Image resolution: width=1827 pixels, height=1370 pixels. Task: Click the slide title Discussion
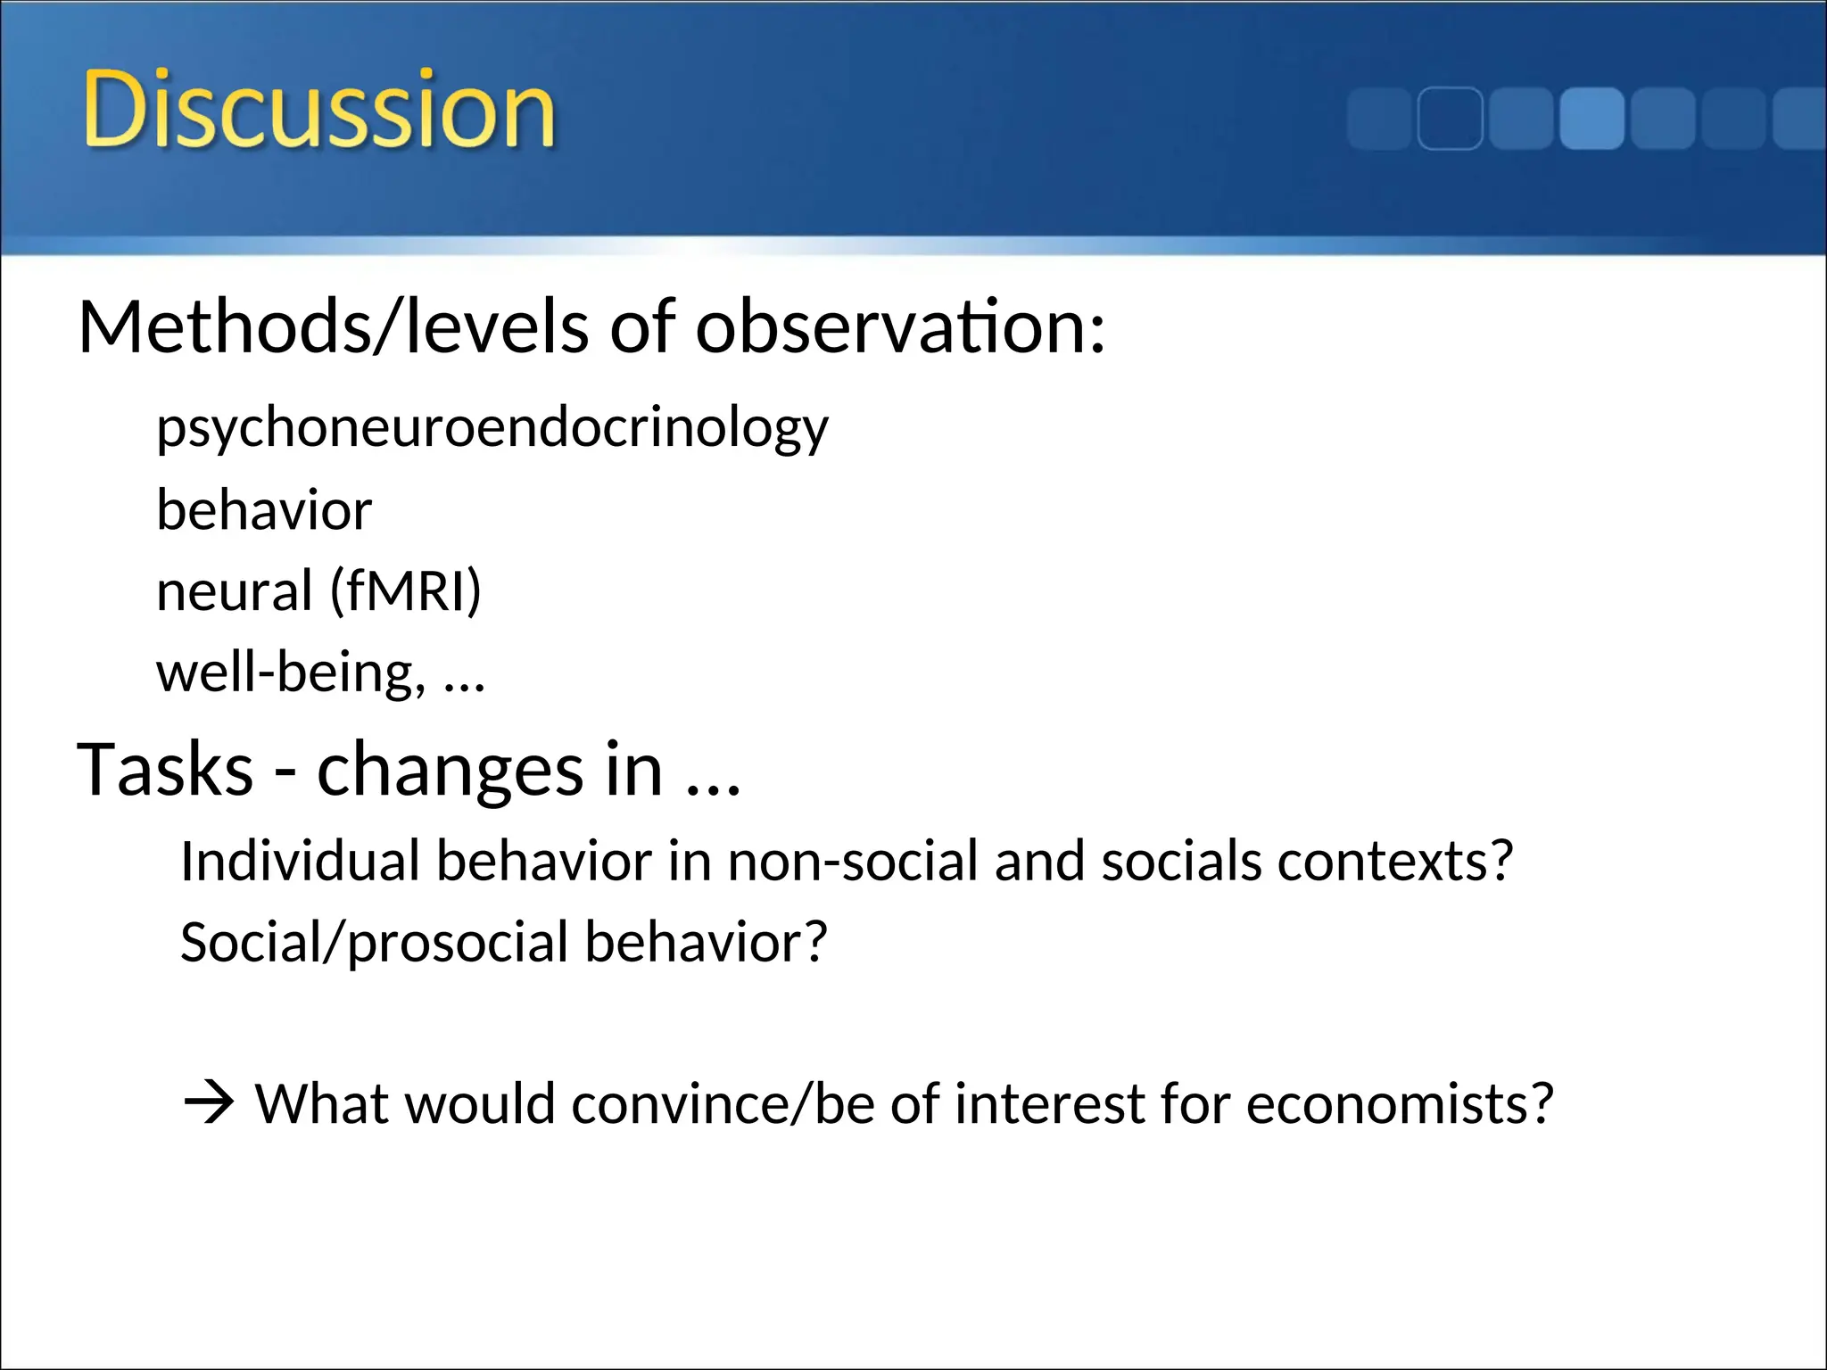pyautogui.click(x=318, y=111)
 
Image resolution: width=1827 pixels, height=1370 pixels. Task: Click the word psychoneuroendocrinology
pyautogui.click(x=492, y=429)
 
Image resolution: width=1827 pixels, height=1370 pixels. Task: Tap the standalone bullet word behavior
pyautogui.click(x=264, y=510)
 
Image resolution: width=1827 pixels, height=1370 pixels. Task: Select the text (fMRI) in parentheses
pyautogui.click(x=406, y=591)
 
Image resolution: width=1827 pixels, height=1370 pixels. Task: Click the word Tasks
pyautogui.click(x=166, y=770)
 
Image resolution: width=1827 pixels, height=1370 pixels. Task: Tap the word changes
pyautogui.click(x=450, y=770)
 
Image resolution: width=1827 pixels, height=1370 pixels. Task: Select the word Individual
pyautogui.click(x=300, y=862)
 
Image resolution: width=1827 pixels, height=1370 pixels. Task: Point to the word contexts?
pyautogui.click(x=1395, y=862)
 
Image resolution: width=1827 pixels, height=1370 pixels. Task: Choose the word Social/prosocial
pyautogui.click(x=375, y=943)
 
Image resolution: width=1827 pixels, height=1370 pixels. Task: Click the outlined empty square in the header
pyautogui.click(x=1450, y=119)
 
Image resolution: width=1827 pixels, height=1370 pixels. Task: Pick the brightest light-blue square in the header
pyautogui.click(x=1591, y=119)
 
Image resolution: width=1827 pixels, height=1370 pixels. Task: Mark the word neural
pyautogui.click(x=234, y=591)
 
